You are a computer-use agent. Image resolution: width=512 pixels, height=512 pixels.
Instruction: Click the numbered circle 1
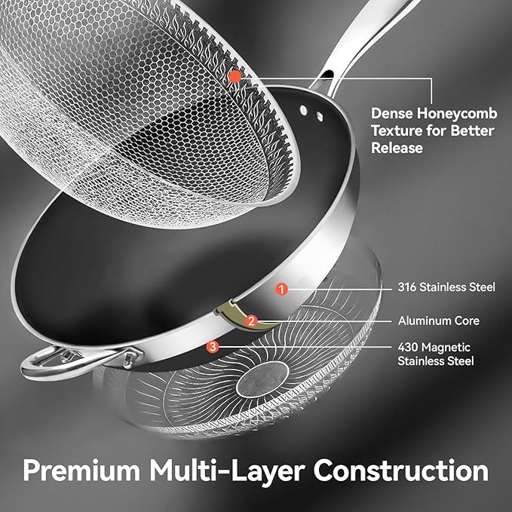coord(281,289)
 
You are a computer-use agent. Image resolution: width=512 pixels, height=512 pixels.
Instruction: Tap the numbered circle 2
coord(251,321)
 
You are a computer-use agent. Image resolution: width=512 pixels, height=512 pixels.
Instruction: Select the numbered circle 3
coord(213,347)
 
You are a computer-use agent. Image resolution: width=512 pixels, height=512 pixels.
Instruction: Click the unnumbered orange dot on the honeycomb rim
coord(235,77)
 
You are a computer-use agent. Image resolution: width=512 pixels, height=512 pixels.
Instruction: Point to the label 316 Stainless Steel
coord(446,287)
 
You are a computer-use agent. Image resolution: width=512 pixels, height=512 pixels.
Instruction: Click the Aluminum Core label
coord(439,320)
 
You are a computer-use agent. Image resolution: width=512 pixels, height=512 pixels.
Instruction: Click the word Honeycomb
coord(457,114)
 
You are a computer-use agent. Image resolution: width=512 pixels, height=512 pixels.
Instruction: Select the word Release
coord(397,148)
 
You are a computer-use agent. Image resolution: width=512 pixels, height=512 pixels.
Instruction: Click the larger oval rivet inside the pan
coord(304,110)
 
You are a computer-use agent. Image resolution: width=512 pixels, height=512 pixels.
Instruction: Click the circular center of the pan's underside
coord(263,379)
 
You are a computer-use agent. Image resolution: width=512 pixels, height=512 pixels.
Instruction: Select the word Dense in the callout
coord(391,114)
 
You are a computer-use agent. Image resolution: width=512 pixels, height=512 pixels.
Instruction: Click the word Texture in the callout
coord(397,130)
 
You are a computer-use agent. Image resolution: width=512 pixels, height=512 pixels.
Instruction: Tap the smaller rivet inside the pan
coord(320,116)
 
